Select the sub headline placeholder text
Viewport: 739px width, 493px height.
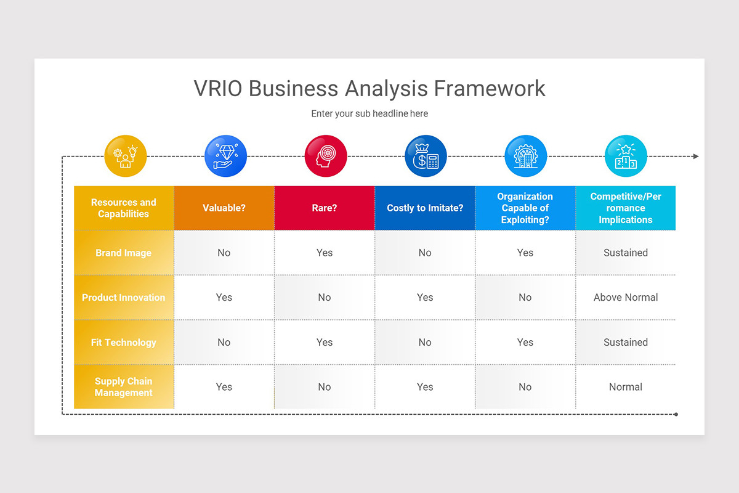pyautogui.click(x=369, y=113)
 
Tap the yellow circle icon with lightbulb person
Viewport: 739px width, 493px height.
pyautogui.click(x=126, y=156)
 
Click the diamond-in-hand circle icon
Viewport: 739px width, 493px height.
pyautogui.click(x=225, y=156)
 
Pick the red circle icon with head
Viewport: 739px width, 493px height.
pyautogui.click(x=326, y=156)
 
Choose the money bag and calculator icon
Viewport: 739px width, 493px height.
pyautogui.click(x=426, y=156)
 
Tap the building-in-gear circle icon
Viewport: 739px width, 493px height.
pyautogui.click(x=525, y=156)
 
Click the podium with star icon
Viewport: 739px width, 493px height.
pyautogui.click(x=626, y=156)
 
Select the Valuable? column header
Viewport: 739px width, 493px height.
pyautogui.click(x=224, y=208)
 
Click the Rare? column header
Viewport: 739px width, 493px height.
pyautogui.click(x=325, y=208)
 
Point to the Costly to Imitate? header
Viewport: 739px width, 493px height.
pyautogui.click(x=425, y=208)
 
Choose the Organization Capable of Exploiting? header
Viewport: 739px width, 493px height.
pyautogui.click(x=525, y=208)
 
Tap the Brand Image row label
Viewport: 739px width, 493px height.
pyautogui.click(x=124, y=253)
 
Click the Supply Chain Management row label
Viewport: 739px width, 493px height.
pyautogui.click(x=124, y=387)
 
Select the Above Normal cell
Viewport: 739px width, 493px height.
pyautogui.click(x=626, y=297)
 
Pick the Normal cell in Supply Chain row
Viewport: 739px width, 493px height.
pyautogui.click(x=626, y=387)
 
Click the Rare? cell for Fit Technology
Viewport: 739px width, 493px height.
pyautogui.click(x=325, y=342)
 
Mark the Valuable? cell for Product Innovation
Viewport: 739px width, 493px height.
pyautogui.click(x=224, y=297)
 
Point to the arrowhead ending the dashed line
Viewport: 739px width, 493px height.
pyautogui.click(x=696, y=157)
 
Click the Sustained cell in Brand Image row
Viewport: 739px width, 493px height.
pyautogui.click(x=626, y=253)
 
